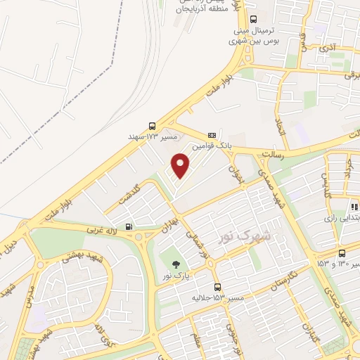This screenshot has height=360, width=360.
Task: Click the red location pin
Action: (181, 165)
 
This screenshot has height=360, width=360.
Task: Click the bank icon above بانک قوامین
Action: (212, 134)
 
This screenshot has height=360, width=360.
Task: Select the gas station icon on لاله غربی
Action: (129, 226)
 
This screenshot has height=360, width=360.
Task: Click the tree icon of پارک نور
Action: (173, 264)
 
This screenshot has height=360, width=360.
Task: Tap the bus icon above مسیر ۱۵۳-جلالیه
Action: (217, 287)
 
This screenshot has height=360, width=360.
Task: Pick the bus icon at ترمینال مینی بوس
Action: (253, 20)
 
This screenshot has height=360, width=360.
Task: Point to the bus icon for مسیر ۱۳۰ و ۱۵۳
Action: (341, 253)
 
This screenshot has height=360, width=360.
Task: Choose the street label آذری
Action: (328, 47)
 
